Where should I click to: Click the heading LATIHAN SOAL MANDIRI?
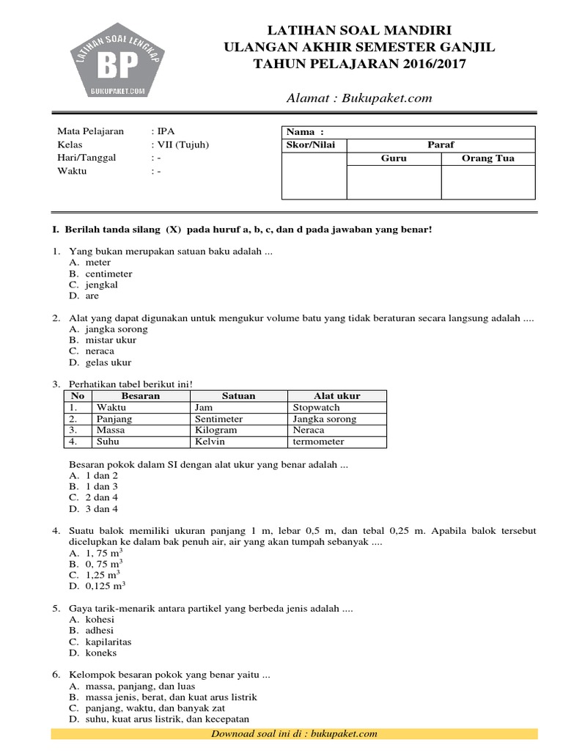[364, 30]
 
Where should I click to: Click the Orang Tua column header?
[487, 158]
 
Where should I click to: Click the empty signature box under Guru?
[394, 182]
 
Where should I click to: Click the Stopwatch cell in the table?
[316, 407]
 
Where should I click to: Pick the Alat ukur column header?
[336, 395]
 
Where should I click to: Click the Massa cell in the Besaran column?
[108, 430]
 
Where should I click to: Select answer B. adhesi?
[92, 630]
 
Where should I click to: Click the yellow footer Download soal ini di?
[293, 733]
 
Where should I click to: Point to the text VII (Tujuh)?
[182, 144]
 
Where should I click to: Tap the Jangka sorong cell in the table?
[325, 419]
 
